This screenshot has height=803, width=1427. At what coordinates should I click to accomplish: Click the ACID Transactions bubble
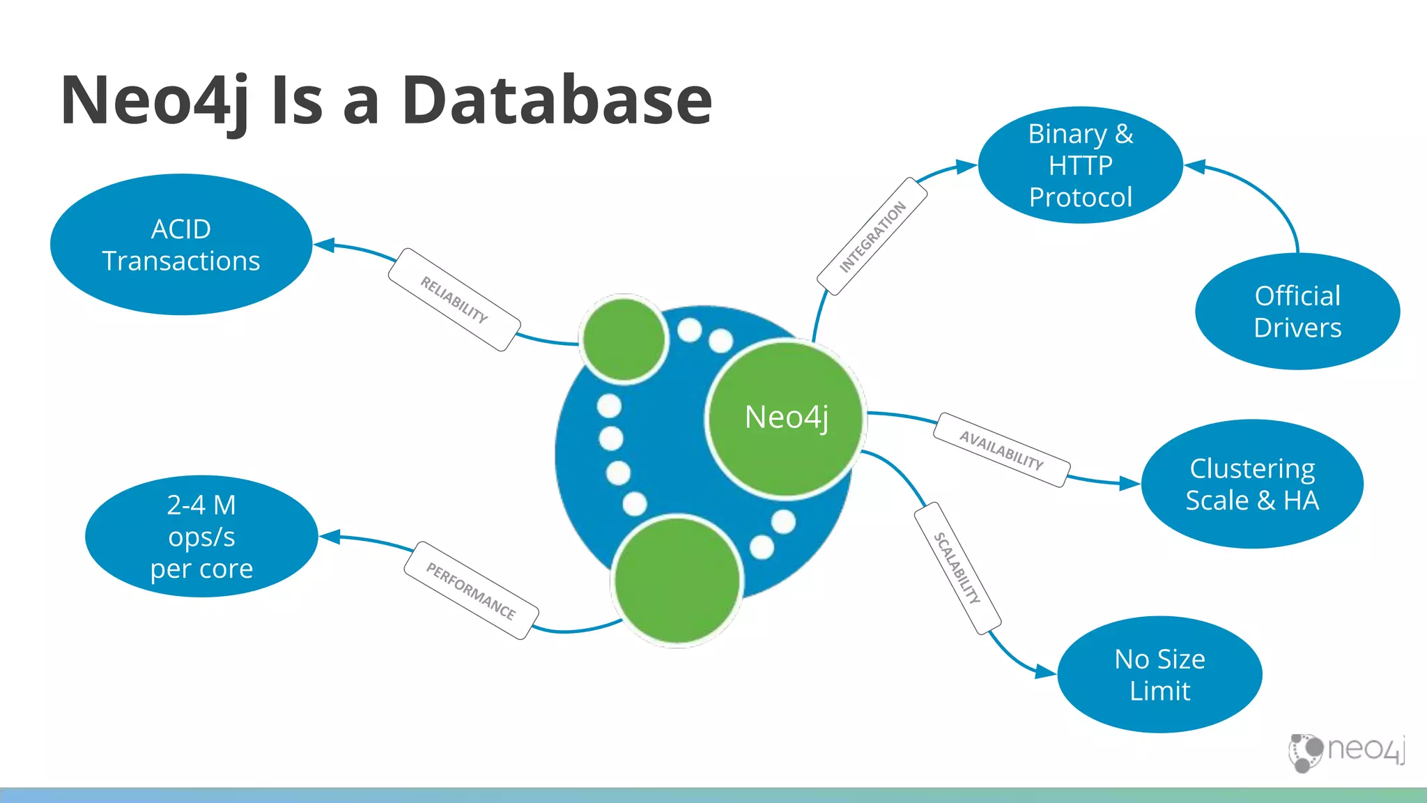click(x=181, y=245)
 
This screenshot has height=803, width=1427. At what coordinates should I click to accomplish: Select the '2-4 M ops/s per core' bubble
click(x=201, y=536)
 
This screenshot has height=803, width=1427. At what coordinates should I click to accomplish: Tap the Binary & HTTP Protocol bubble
click(x=1080, y=165)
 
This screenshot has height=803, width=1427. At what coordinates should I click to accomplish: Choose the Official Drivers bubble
click(x=1297, y=312)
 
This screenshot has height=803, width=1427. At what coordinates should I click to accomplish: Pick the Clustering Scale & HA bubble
click(x=1252, y=484)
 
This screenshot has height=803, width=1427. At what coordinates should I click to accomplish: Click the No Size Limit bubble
click(x=1159, y=674)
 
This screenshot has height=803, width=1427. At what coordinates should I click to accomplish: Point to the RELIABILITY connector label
click(x=454, y=300)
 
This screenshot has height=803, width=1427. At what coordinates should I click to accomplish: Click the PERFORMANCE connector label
click(x=471, y=590)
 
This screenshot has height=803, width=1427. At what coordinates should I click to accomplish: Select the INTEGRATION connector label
click(x=872, y=236)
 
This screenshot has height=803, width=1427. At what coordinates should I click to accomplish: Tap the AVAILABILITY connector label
click(x=1001, y=450)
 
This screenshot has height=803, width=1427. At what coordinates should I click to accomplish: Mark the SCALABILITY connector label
click(x=957, y=568)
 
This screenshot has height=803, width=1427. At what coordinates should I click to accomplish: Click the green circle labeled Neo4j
click(x=786, y=418)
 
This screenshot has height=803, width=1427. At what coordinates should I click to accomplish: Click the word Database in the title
click(x=557, y=100)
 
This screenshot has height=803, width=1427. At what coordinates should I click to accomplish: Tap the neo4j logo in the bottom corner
click(x=1346, y=751)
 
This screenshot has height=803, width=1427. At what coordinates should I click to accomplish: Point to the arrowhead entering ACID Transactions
click(x=325, y=245)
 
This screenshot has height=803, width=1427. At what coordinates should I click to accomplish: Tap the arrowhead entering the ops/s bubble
click(x=330, y=537)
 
